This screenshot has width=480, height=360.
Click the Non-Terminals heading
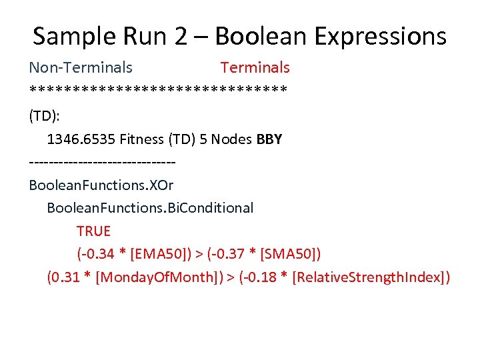81,67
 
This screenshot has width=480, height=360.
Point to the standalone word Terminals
255,67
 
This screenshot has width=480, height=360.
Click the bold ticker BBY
269,139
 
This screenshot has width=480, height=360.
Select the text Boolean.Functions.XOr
101,185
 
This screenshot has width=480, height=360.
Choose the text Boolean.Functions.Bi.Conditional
150,208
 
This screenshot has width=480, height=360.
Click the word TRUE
93,231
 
